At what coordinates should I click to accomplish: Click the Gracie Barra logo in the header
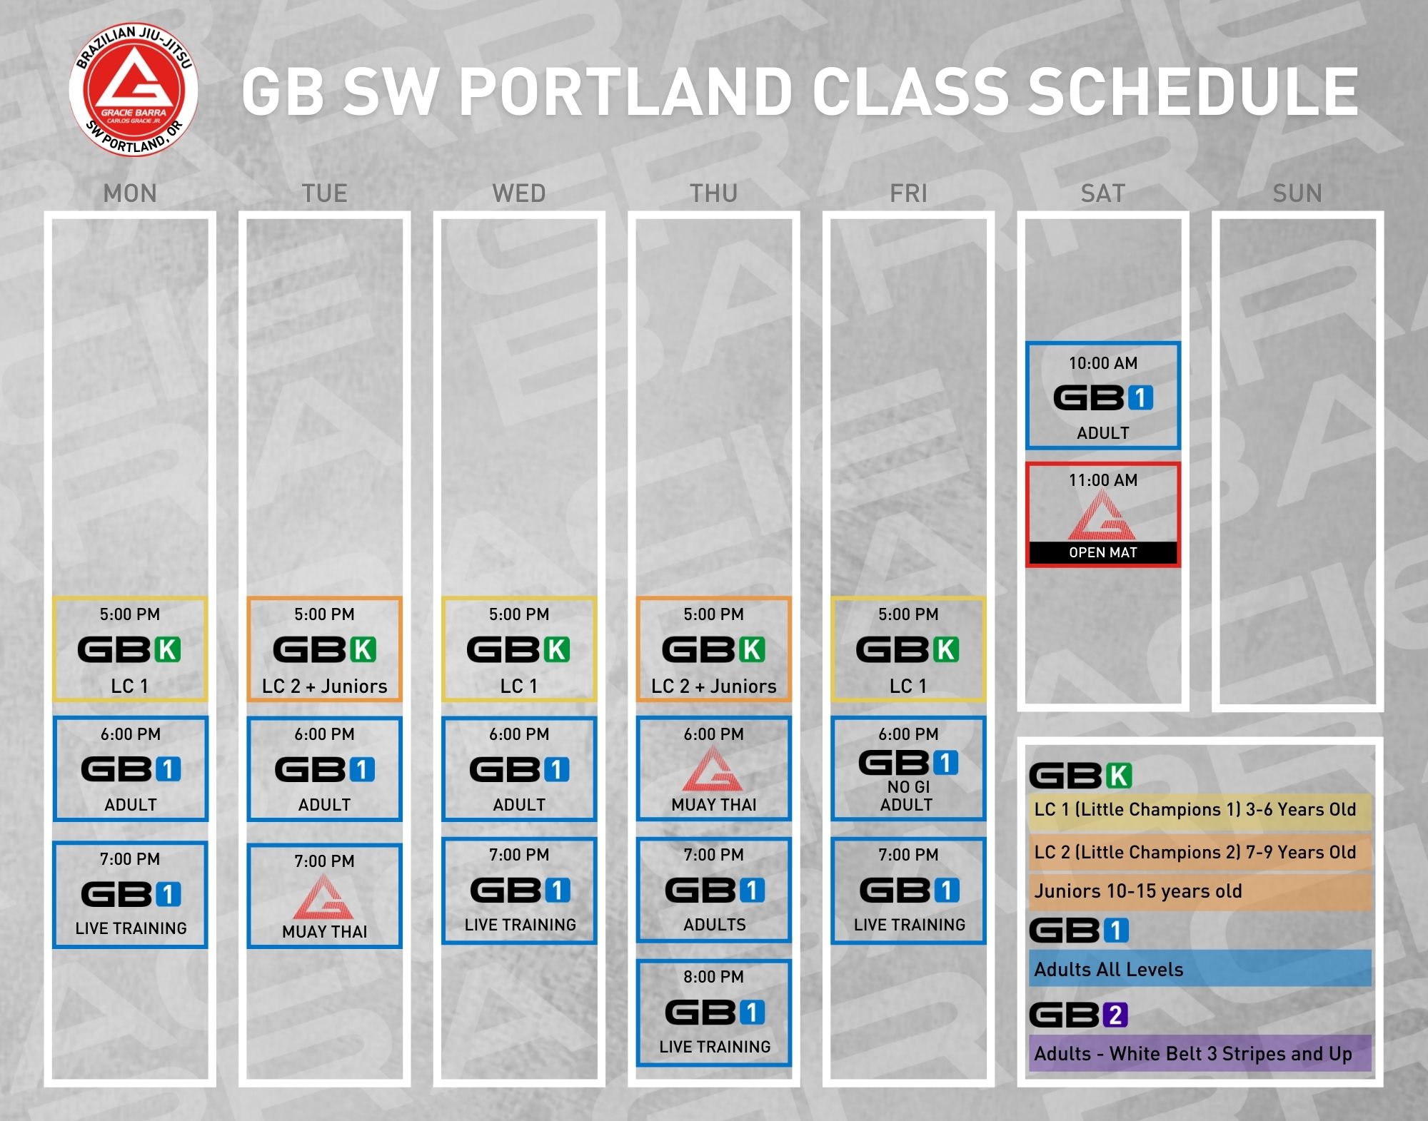coord(134,90)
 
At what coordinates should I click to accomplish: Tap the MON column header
coord(130,193)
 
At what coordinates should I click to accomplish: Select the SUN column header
coord(1297,193)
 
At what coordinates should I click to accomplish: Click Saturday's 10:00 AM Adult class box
coord(1103,396)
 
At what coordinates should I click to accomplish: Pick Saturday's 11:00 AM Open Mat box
coord(1103,514)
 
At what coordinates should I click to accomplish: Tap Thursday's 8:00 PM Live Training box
coord(714,1013)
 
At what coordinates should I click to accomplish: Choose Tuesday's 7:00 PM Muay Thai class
coord(325,896)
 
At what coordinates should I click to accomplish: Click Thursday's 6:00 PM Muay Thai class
coord(714,769)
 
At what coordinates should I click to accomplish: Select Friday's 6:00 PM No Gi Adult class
coord(908,769)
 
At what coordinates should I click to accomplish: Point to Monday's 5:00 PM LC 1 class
coord(130,649)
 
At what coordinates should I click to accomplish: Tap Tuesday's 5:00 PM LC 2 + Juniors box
coord(325,649)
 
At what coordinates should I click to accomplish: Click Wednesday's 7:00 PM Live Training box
coord(519,891)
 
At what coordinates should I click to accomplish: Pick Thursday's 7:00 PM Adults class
coord(714,890)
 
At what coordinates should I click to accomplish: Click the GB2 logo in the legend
coord(1079,1015)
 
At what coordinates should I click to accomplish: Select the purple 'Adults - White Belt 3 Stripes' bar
coord(1200,1053)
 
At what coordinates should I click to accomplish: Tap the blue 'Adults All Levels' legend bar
coord(1200,968)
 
